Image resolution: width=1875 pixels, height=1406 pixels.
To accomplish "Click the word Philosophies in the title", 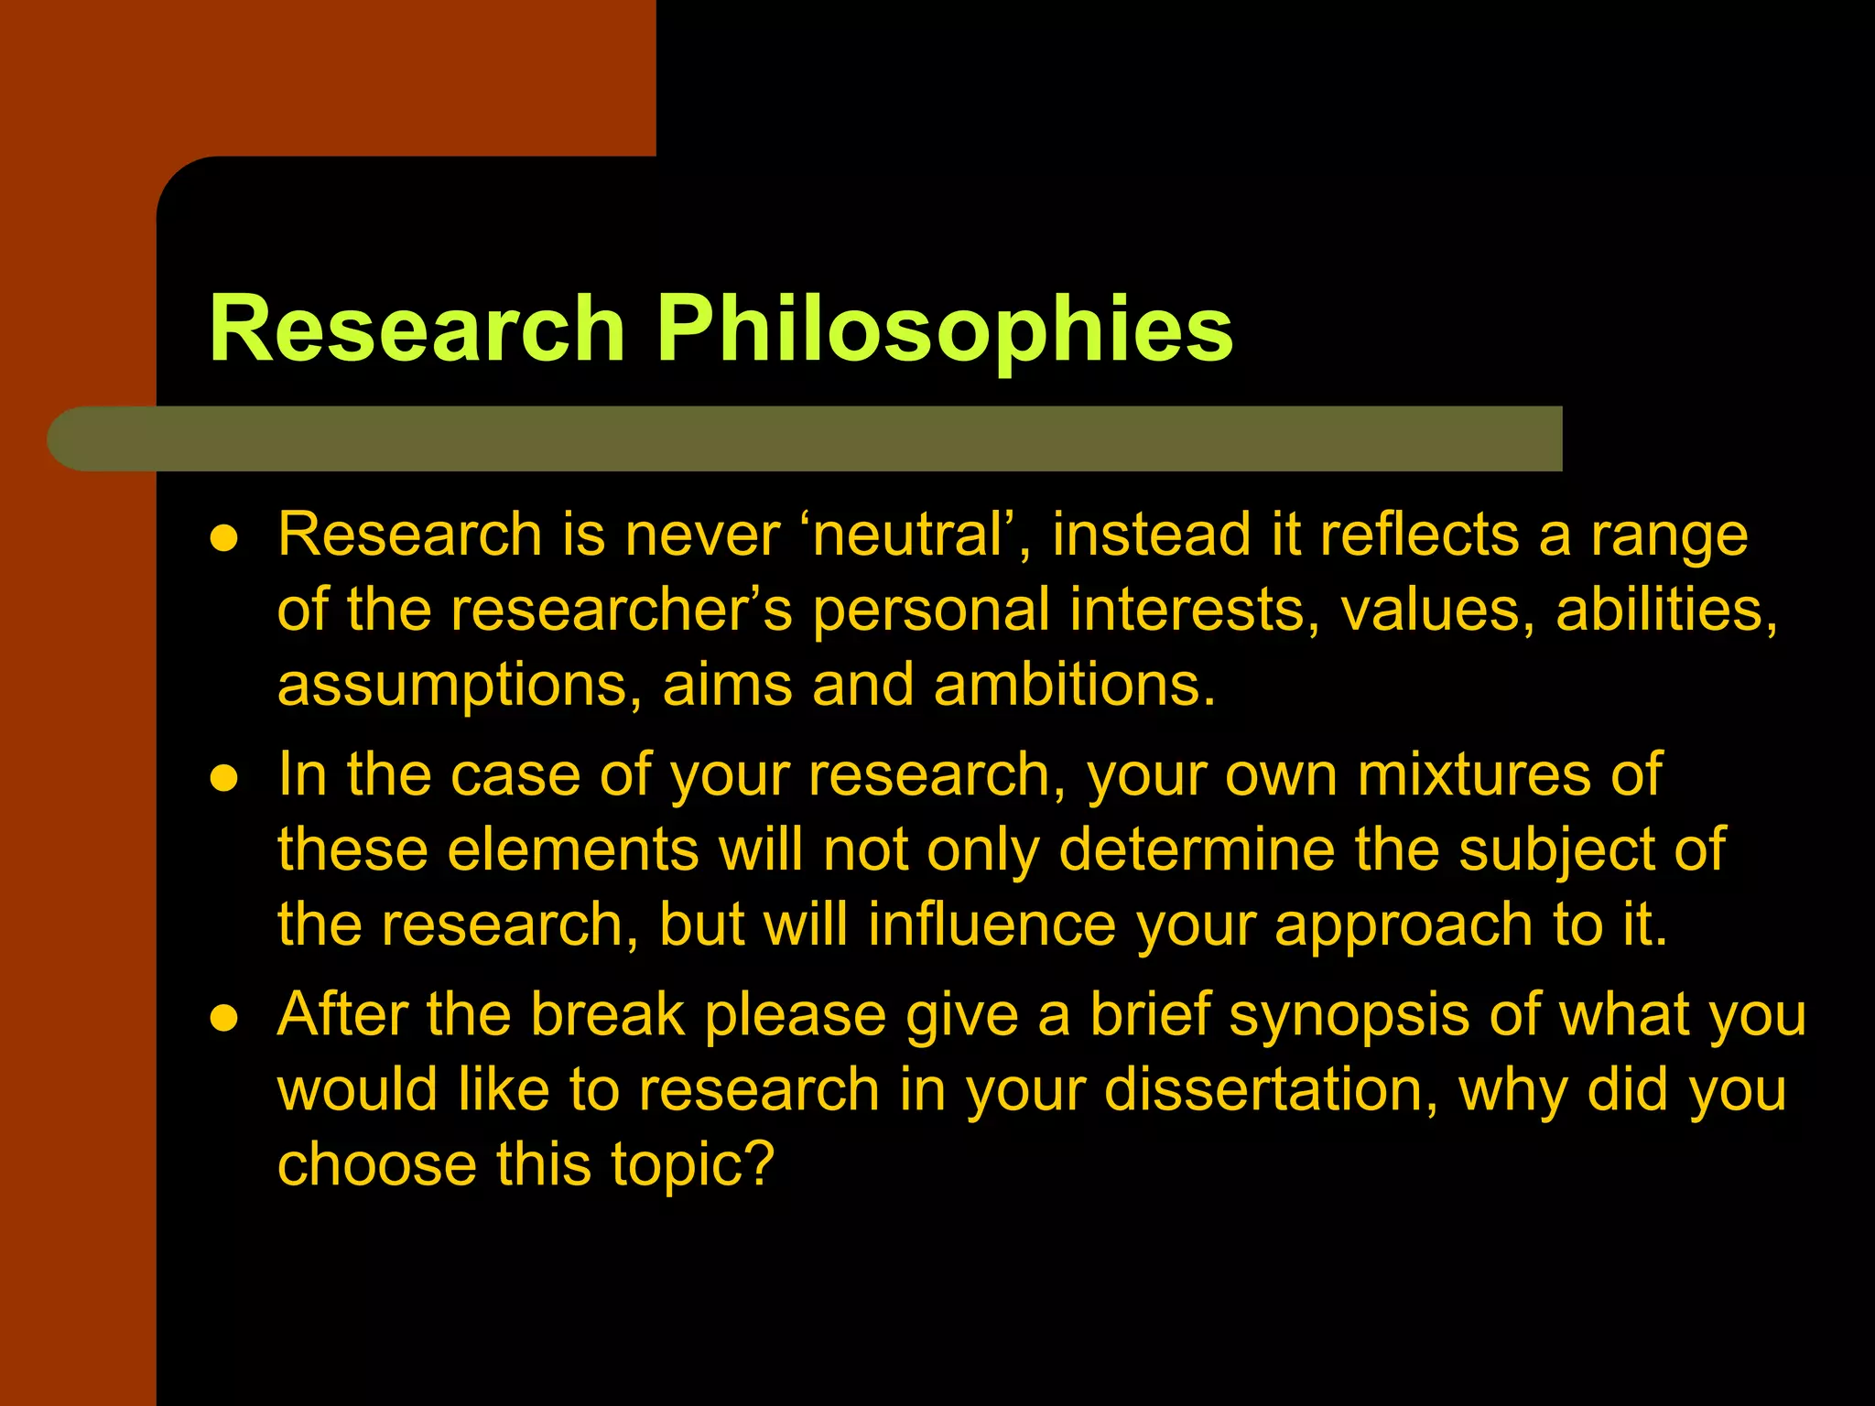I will (x=945, y=330).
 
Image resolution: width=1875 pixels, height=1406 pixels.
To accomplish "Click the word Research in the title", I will (x=417, y=330).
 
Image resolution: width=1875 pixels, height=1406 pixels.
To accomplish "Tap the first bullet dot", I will (x=224, y=538).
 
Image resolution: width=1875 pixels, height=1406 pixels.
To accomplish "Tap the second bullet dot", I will (x=224, y=779).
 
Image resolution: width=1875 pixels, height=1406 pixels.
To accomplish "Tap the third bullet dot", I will (x=224, y=1018).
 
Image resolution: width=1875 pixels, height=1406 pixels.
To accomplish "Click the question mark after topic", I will (x=759, y=1164).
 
